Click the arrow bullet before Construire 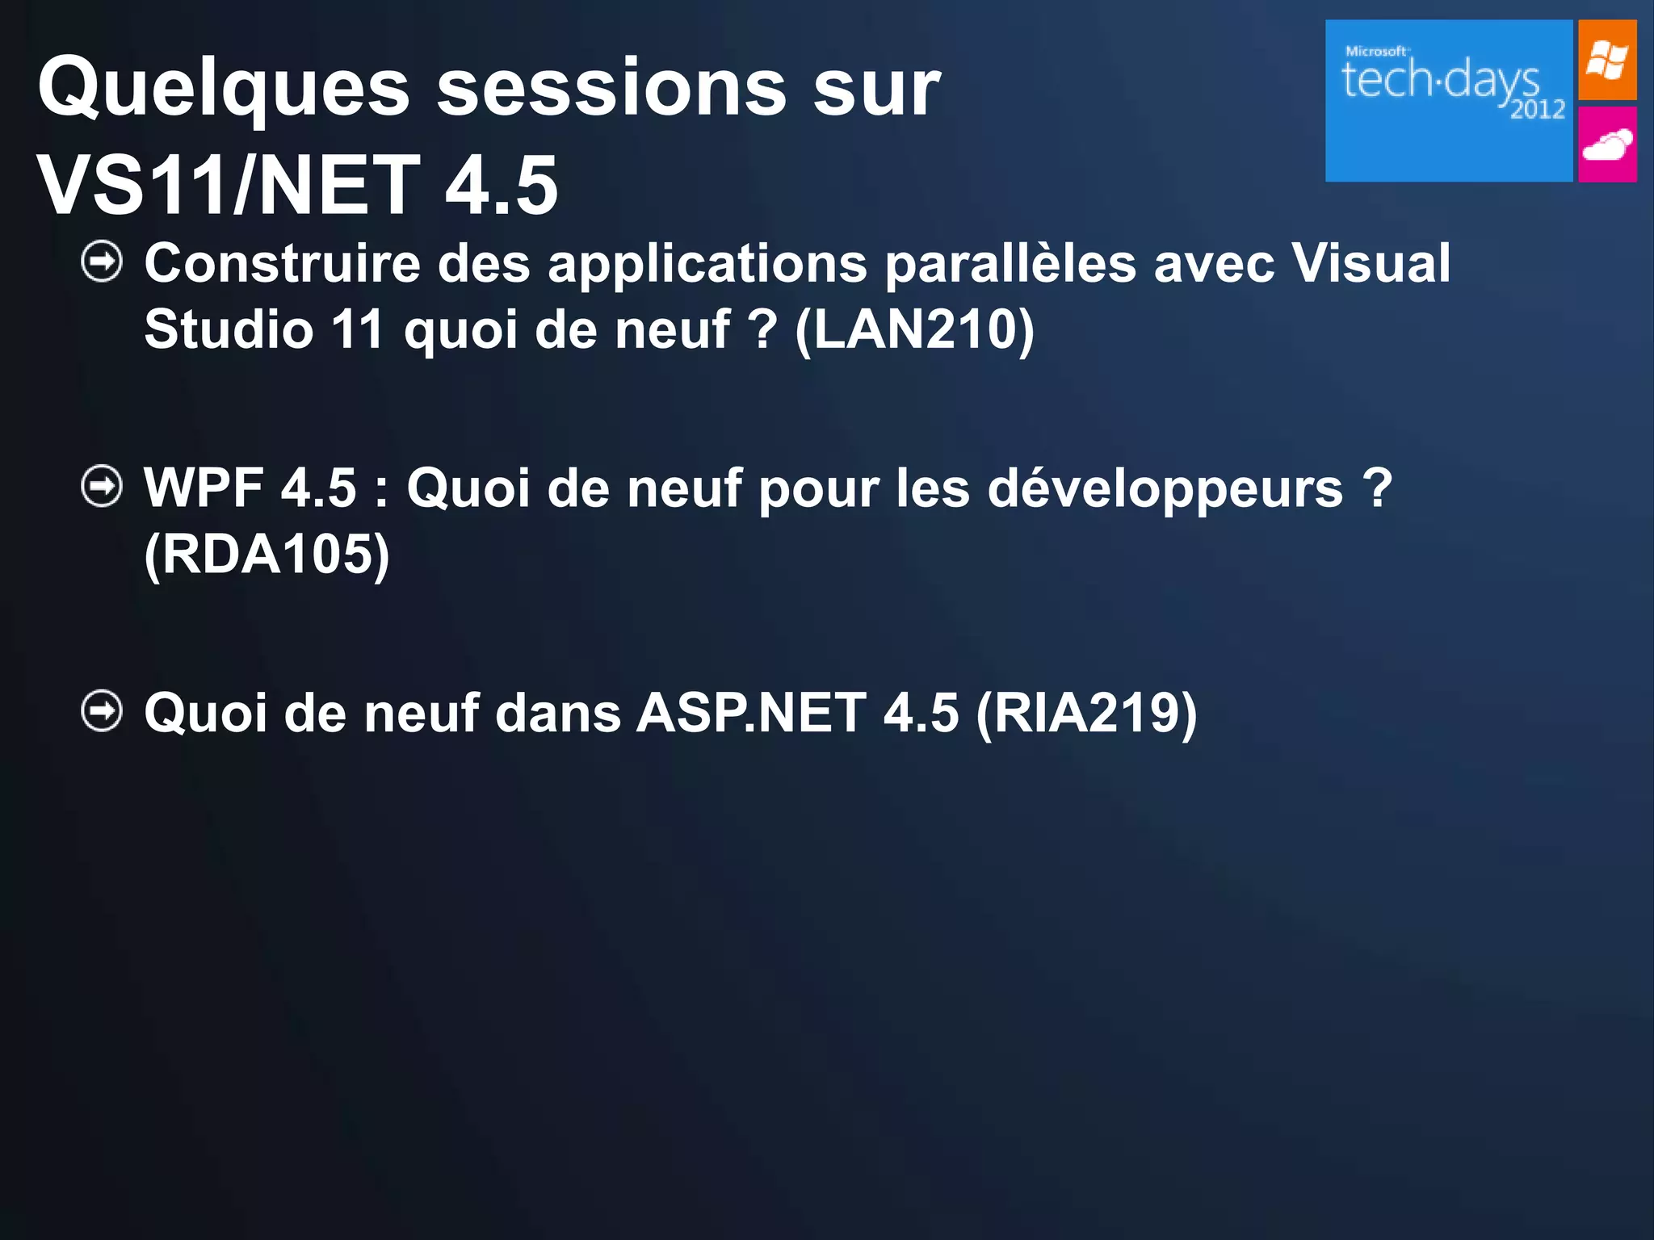[x=103, y=262]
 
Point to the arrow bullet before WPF [x=103, y=487]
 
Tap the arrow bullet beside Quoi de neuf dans [x=103, y=711]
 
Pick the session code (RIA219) [x=1086, y=713]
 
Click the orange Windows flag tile [x=1607, y=61]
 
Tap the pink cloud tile [x=1607, y=145]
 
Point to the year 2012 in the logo [x=1538, y=109]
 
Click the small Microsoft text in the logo [x=1376, y=51]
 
